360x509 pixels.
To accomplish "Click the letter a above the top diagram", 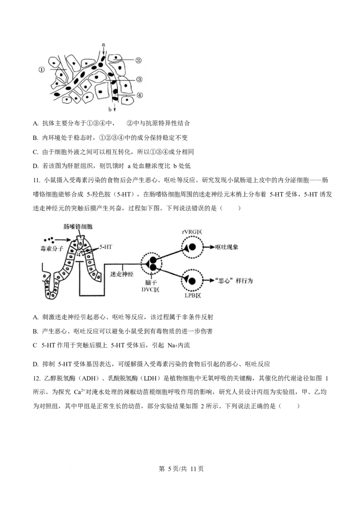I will tap(103, 45).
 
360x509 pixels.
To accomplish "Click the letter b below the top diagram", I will tap(110, 109).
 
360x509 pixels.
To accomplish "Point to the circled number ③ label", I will tap(139, 80).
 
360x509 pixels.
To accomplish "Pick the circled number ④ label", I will tap(139, 95).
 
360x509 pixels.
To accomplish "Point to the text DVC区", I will tap(151, 290).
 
